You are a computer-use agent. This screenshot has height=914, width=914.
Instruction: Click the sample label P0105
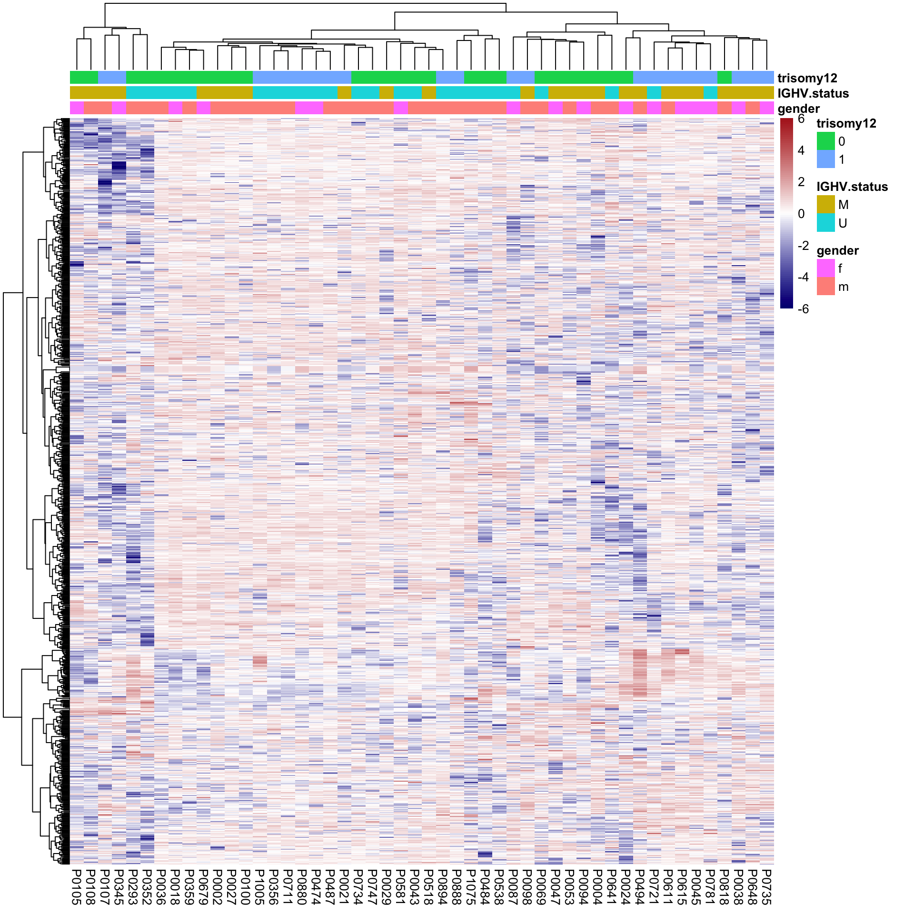point(77,886)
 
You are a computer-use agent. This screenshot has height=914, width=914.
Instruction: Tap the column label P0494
point(640,886)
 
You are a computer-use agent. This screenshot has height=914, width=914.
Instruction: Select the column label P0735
point(766,886)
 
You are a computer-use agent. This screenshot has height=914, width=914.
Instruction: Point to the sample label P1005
point(260,886)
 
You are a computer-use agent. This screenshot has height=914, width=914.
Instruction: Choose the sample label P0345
point(119,886)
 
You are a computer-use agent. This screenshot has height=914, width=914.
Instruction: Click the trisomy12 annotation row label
point(807,78)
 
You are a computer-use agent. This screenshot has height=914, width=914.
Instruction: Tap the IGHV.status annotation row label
point(813,93)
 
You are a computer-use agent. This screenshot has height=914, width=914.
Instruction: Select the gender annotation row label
point(798,109)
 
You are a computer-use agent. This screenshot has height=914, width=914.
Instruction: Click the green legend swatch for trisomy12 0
point(825,141)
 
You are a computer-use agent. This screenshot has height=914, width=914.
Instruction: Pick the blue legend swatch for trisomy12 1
point(825,159)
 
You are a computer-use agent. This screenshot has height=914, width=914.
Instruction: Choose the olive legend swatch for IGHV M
point(825,205)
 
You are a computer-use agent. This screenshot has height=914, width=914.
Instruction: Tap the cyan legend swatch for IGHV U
point(825,223)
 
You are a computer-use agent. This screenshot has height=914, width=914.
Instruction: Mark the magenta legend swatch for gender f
point(825,268)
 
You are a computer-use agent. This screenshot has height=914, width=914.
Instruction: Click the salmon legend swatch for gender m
point(825,287)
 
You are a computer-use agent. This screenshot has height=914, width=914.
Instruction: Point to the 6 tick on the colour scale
point(801,119)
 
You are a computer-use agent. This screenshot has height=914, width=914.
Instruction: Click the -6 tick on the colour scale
point(803,309)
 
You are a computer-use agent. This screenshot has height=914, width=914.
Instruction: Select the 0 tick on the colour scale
point(801,214)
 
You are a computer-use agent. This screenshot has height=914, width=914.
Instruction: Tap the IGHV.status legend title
point(852,187)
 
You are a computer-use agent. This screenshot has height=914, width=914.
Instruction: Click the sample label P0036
point(161,886)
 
